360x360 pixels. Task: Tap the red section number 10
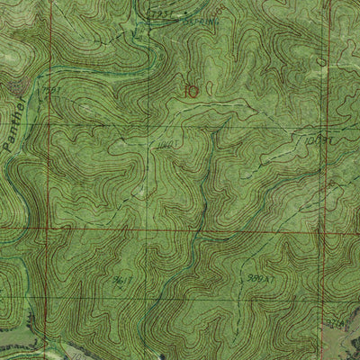click(189, 90)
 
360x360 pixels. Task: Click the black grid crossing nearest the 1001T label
click(147, 131)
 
